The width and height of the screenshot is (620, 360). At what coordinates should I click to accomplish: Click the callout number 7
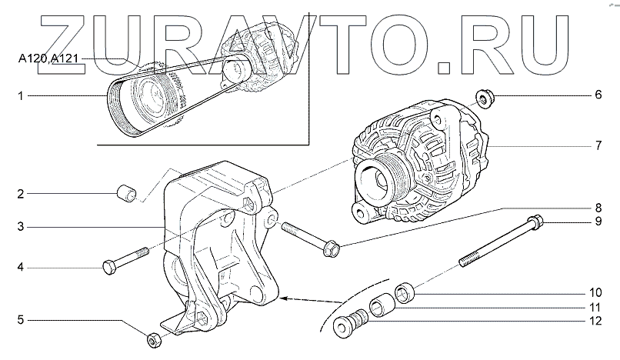(x=596, y=145)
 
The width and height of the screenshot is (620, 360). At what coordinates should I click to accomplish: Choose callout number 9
(x=596, y=223)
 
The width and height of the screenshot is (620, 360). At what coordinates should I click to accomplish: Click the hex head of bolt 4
(x=109, y=268)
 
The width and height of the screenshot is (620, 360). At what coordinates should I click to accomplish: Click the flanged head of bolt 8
(x=332, y=248)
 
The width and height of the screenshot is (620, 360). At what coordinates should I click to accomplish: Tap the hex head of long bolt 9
(x=538, y=223)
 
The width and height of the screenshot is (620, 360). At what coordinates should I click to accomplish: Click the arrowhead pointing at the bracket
(x=282, y=297)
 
